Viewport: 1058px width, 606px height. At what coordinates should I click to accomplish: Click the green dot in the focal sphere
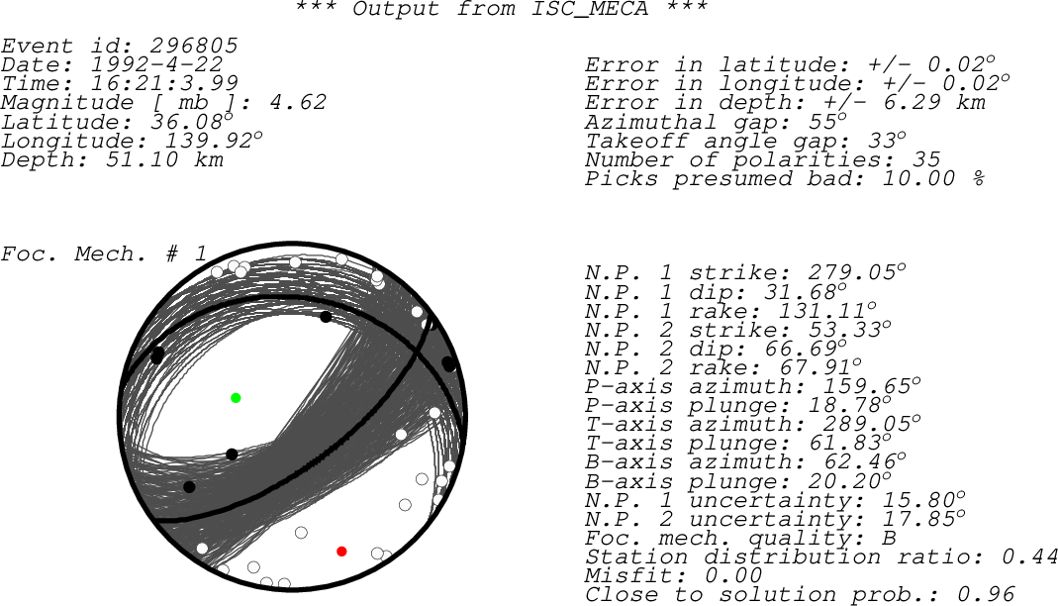click(236, 398)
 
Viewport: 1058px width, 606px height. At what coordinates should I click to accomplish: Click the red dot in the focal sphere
click(341, 552)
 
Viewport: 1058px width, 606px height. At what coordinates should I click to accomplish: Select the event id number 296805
click(194, 46)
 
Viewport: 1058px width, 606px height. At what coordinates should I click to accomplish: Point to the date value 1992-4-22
click(156, 64)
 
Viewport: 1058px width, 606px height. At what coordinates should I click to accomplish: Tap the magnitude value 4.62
click(298, 103)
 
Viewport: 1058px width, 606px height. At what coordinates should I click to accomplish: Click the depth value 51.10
click(142, 160)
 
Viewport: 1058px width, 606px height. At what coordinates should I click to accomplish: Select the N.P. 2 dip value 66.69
click(801, 349)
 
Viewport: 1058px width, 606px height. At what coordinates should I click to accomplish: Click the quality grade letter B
click(890, 538)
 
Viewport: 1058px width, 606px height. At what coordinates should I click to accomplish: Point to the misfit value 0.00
click(733, 575)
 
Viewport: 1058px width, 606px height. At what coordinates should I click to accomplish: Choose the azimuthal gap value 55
click(822, 122)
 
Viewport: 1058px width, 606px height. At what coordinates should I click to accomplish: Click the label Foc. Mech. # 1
click(104, 253)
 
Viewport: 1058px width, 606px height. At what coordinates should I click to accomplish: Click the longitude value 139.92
click(209, 141)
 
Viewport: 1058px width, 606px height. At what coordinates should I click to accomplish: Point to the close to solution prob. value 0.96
click(986, 594)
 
